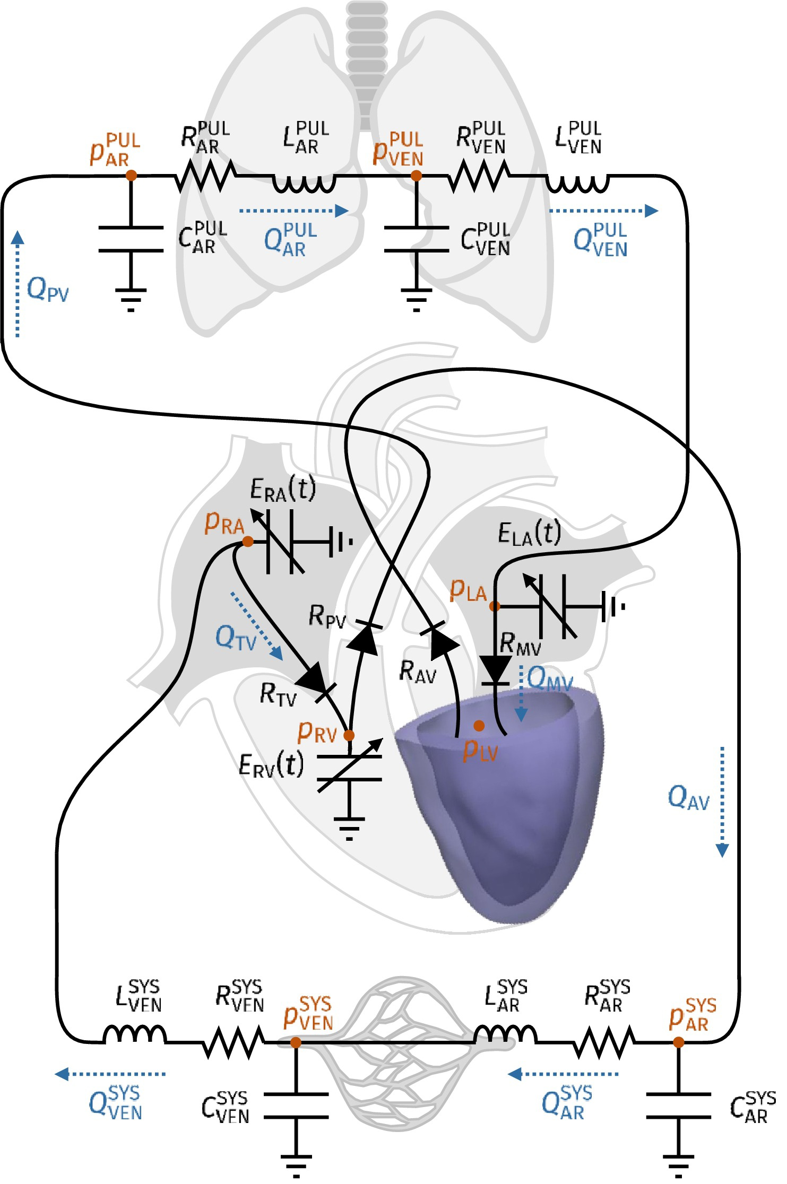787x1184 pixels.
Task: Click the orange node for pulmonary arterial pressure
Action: point(131,175)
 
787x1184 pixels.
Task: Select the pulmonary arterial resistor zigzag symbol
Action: point(205,175)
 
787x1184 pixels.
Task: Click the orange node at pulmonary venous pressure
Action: point(417,175)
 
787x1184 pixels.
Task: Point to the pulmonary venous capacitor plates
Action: point(417,239)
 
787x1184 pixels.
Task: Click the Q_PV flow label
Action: point(48,290)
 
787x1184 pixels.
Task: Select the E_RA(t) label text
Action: point(283,489)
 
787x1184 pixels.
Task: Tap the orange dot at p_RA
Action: point(247,541)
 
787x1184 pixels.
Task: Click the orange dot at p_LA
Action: point(494,606)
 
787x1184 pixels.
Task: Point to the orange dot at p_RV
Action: point(349,735)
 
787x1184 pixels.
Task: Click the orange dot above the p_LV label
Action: point(479,725)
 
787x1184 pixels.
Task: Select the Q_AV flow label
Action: point(688,797)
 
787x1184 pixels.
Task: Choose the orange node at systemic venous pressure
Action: point(296,1042)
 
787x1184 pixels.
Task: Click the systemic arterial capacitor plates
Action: point(678,1106)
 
